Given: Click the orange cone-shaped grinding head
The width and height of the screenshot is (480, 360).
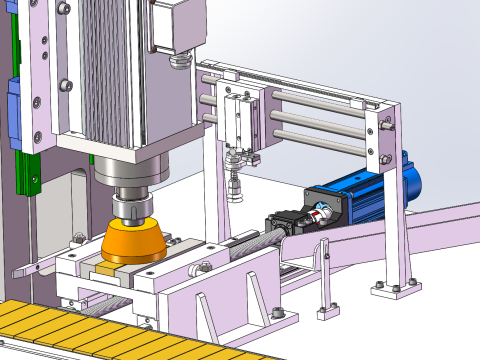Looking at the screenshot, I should pyautogui.click(x=136, y=243).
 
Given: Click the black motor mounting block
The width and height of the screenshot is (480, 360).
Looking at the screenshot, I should pyautogui.click(x=285, y=222).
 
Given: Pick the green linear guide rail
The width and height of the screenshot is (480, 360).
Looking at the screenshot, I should pyautogui.click(x=27, y=170).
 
